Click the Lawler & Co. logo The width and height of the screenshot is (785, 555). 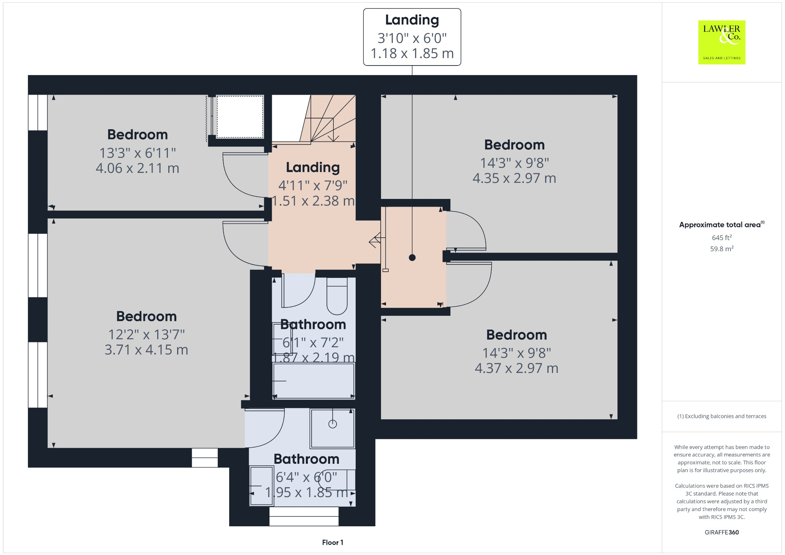(x=721, y=42)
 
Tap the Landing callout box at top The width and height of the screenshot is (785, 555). (x=412, y=37)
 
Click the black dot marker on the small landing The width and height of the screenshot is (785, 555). (x=412, y=258)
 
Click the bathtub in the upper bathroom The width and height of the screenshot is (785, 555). (x=314, y=381)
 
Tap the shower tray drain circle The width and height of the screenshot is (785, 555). (x=333, y=424)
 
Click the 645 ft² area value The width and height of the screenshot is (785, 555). (x=722, y=238)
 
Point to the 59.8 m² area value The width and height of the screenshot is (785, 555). (x=722, y=249)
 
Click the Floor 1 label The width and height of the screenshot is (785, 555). (x=332, y=542)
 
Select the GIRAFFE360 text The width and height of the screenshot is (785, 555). (x=722, y=532)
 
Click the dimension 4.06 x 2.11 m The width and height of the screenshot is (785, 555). (x=137, y=168)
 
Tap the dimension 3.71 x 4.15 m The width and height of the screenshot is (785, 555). (x=146, y=350)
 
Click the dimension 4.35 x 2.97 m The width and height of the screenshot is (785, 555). (x=514, y=178)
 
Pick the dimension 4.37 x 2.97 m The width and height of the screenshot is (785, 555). (x=516, y=368)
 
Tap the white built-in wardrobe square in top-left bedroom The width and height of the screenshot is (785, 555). (x=240, y=117)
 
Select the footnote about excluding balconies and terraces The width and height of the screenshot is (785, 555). (x=722, y=416)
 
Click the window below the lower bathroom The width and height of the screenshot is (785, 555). (x=304, y=516)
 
